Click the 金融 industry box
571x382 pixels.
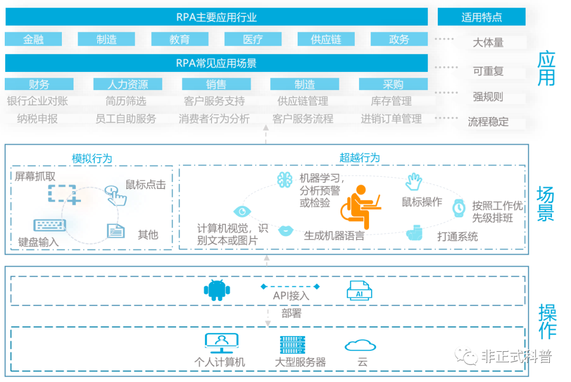[33, 39]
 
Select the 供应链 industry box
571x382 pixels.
[326, 39]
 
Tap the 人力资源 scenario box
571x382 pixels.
[128, 84]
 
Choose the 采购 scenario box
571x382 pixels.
[393, 84]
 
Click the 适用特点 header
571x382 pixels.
[482, 17]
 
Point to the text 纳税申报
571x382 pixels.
[37, 119]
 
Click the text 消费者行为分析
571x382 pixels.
[214, 119]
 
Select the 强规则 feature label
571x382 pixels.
[487, 97]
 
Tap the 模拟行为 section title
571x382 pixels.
[92, 159]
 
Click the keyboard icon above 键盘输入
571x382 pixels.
[50, 225]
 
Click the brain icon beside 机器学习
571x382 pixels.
[284, 180]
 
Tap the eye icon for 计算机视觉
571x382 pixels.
[242, 211]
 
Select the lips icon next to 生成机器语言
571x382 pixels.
[285, 231]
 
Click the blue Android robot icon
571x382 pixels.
[217, 290]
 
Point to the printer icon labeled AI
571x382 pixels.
[359, 290]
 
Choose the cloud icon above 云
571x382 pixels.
[360, 345]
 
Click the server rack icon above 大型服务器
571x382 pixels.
[292, 345]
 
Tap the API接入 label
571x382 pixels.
[291, 296]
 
